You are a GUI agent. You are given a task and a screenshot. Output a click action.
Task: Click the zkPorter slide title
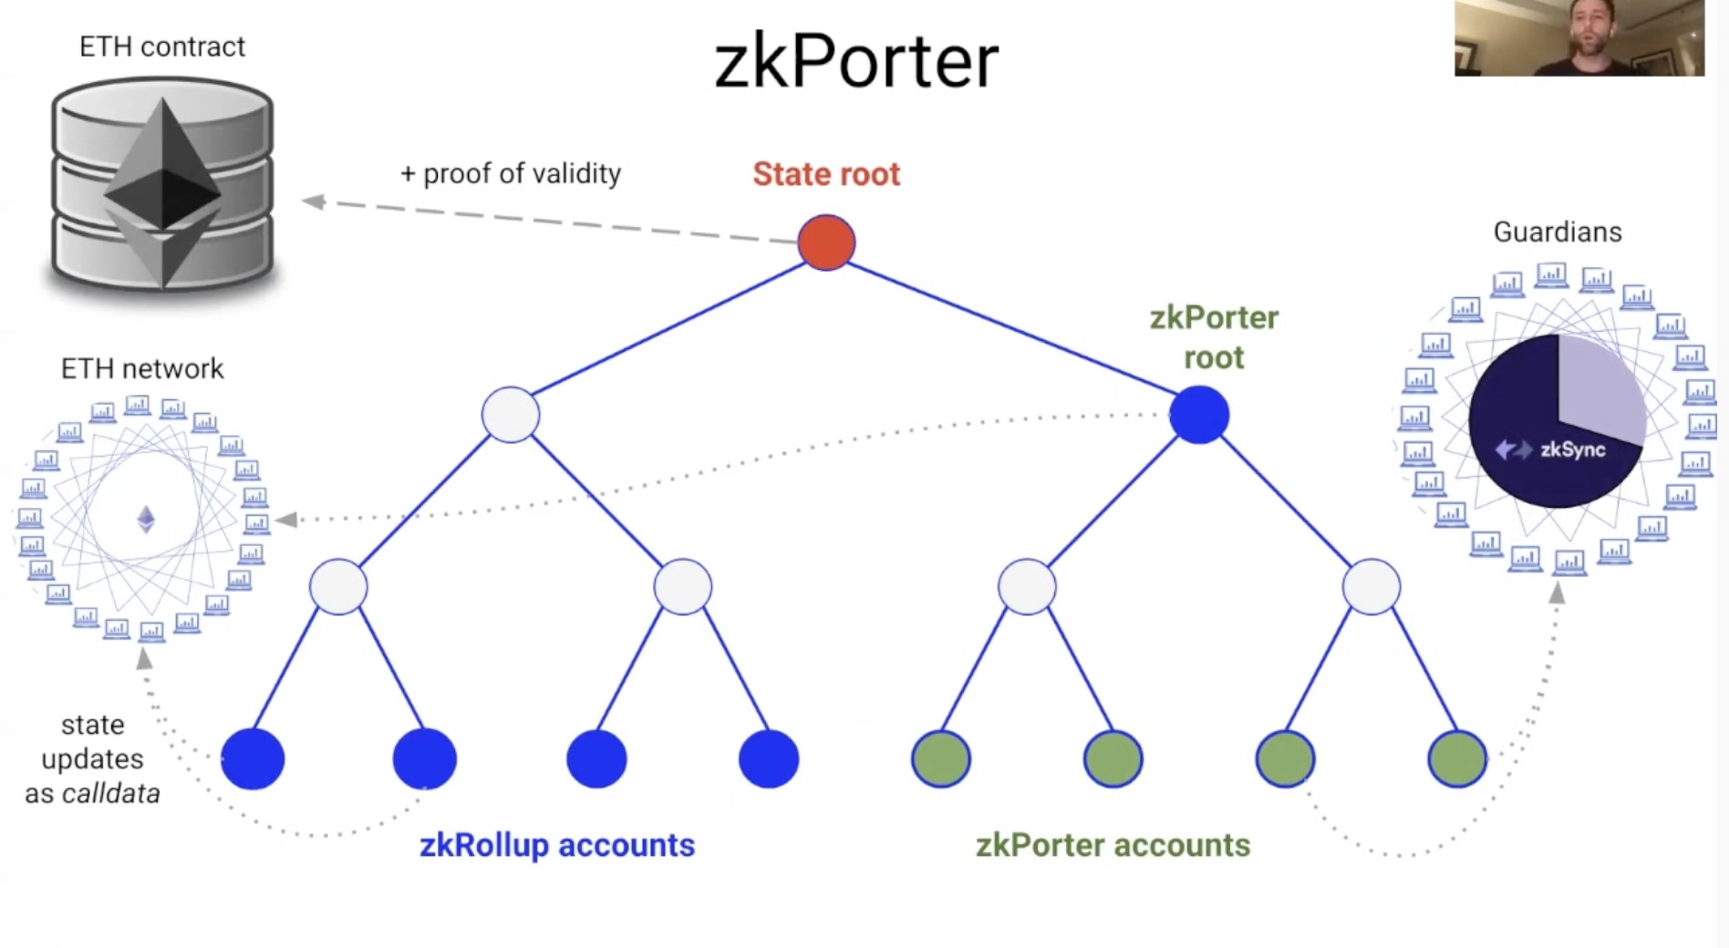tap(855, 62)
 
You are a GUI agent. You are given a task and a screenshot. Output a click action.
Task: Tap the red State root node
tap(826, 242)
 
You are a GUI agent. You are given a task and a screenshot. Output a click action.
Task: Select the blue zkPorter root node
tap(1199, 415)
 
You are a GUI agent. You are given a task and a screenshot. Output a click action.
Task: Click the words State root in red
tap(826, 174)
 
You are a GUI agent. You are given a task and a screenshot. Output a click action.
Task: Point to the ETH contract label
tap(162, 46)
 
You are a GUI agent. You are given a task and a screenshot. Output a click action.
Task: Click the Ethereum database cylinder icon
tap(162, 187)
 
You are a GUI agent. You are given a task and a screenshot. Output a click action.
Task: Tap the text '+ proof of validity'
tap(511, 173)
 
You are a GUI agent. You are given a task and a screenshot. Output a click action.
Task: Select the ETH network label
tap(142, 368)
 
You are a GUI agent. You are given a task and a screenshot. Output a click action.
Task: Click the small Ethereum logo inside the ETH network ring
tap(146, 520)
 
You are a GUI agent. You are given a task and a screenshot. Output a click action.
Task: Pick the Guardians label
tap(1558, 232)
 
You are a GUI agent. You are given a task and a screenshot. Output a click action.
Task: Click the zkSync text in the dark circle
tap(1572, 449)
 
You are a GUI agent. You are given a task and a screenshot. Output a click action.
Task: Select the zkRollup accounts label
tap(556, 845)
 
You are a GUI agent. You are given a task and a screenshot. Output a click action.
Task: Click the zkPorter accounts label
tap(1113, 845)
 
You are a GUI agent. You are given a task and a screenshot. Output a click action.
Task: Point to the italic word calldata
tap(111, 794)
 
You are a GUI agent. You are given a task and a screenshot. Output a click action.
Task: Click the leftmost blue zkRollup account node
tap(253, 758)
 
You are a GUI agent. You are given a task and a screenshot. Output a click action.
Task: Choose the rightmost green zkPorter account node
tap(1457, 758)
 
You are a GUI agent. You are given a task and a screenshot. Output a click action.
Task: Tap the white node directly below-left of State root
tap(511, 415)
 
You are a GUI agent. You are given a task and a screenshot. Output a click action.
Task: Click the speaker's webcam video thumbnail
tap(1579, 38)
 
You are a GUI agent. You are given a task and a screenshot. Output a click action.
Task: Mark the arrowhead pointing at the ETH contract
tap(314, 201)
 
